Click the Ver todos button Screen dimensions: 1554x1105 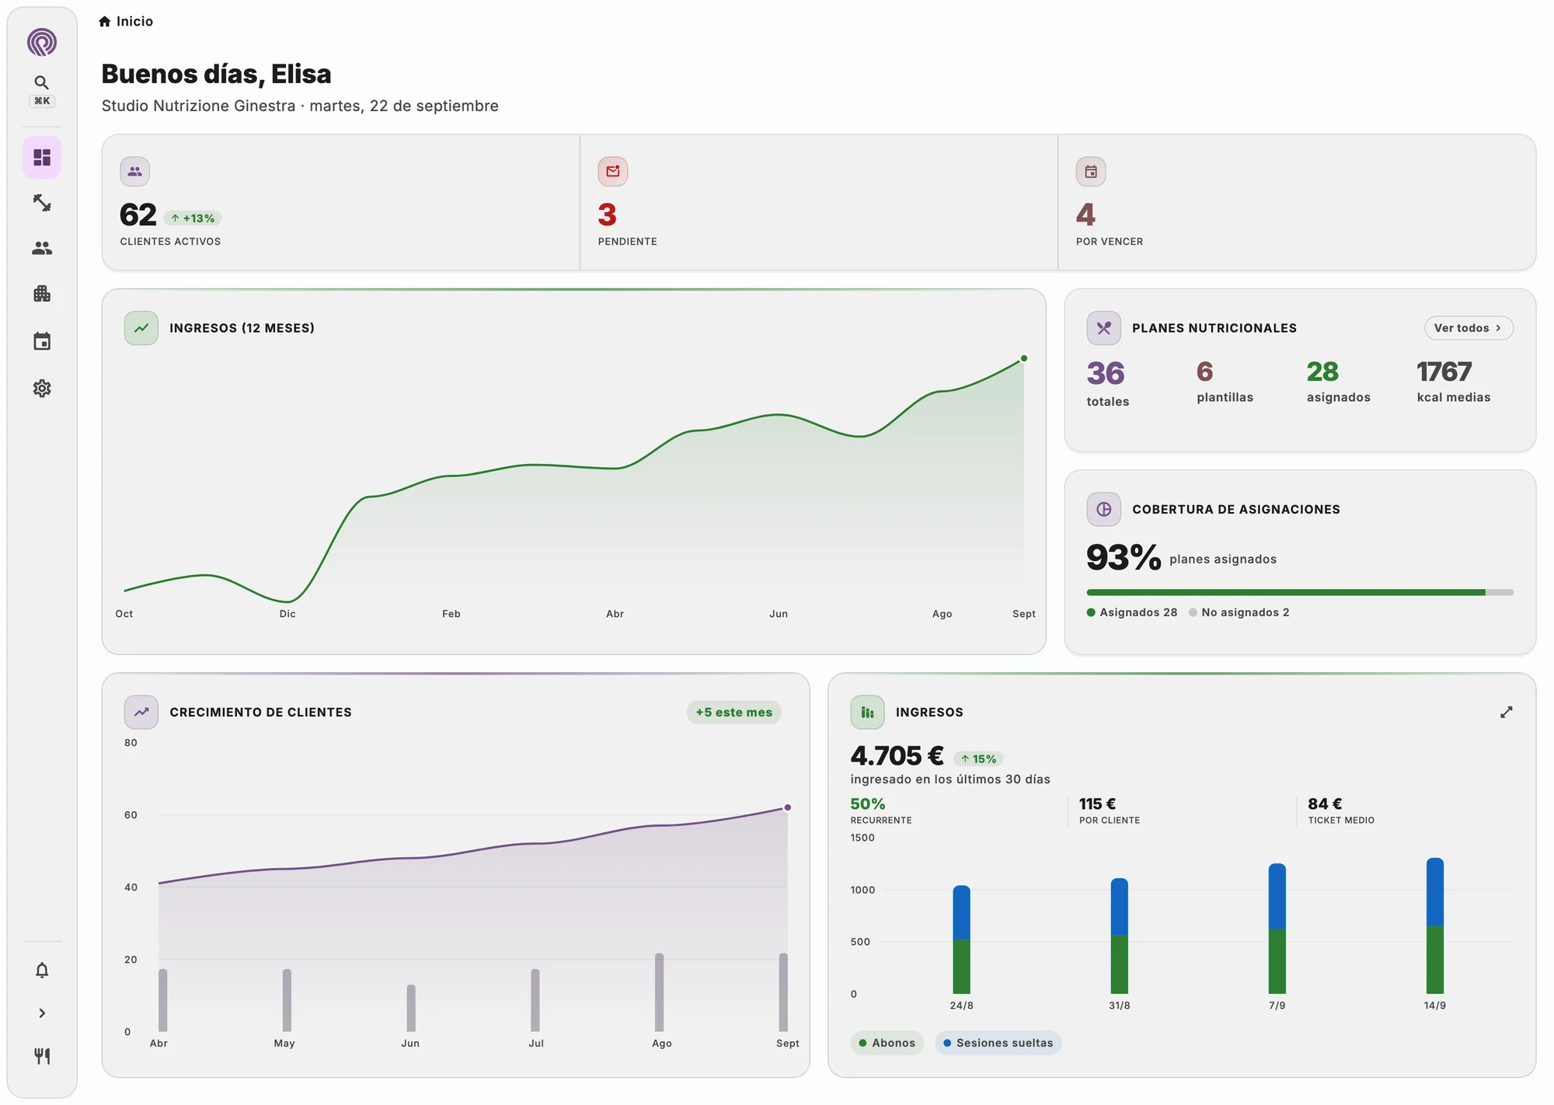click(x=1468, y=328)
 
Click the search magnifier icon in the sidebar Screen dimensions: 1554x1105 click(x=42, y=82)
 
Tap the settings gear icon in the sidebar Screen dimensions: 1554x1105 click(x=42, y=389)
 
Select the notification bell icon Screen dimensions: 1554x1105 click(x=42, y=970)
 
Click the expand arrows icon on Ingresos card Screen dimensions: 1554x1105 click(x=1506, y=712)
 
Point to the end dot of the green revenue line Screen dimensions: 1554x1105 click(x=1024, y=358)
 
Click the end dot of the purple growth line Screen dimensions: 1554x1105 click(x=787, y=807)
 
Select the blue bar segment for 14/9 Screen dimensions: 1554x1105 click(x=1435, y=892)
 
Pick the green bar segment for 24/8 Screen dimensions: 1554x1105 click(x=961, y=967)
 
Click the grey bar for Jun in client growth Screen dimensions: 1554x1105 click(x=411, y=1008)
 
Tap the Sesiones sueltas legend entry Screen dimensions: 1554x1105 click(x=998, y=1043)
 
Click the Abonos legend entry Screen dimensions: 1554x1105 click(x=887, y=1043)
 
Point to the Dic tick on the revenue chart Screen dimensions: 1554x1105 click(x=287, y=614)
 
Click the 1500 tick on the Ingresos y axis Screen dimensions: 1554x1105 click(x=862, y=838)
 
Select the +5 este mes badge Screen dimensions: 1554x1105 click(x=733, y=712)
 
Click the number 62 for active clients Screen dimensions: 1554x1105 click(x=138, y=214)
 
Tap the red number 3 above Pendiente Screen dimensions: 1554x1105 click(x=607, y=214)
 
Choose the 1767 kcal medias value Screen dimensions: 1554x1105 click(x=1444, y=371)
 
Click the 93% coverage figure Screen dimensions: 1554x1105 click(x=1124, y=557)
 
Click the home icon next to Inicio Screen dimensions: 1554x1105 click(x=105, y=22)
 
